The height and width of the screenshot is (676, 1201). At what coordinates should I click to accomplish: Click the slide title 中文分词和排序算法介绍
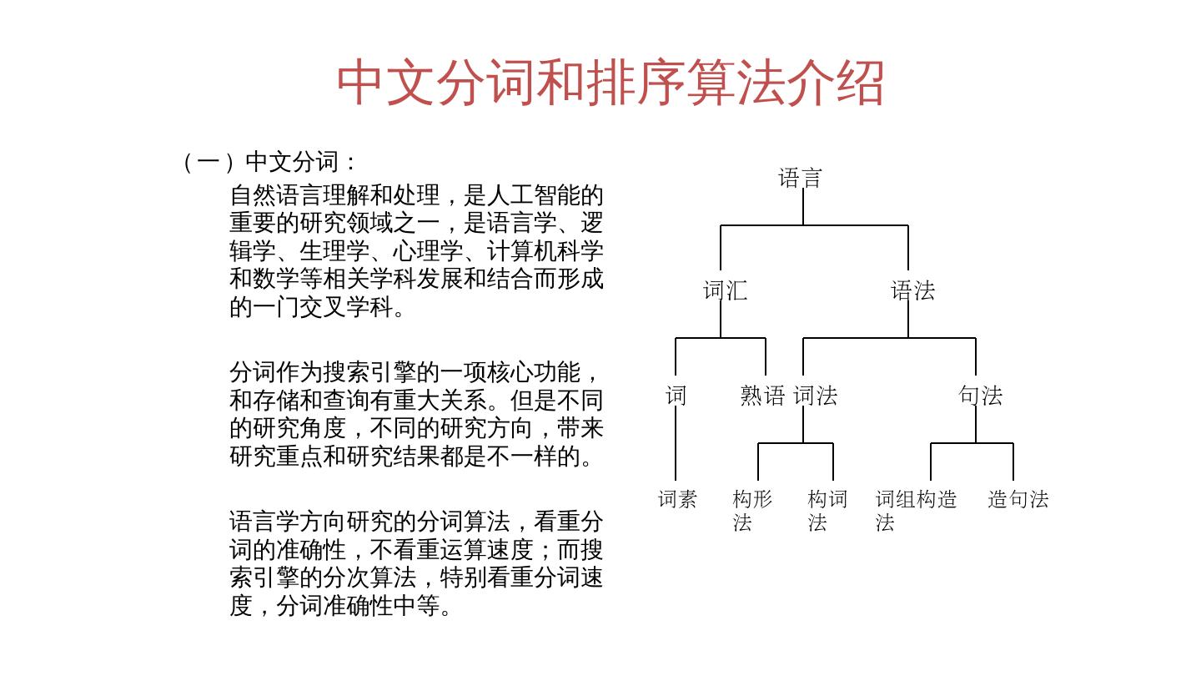(610, 83)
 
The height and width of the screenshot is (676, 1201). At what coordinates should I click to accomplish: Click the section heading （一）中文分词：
(269, 161)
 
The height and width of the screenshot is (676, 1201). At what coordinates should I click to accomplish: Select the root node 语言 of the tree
(801, 178)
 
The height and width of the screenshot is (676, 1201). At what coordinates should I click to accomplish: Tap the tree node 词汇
(725, 291)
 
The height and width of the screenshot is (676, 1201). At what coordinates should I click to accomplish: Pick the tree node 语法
(912, 291)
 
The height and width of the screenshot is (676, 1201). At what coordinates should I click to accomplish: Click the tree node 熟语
(762, 396)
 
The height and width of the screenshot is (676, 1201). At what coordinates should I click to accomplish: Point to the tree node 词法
(815, 396)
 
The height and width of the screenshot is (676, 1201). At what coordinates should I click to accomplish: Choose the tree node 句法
(980, 396)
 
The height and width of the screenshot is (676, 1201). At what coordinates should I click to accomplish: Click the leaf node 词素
(677, 499)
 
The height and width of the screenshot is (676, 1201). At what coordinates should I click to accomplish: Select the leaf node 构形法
(751, 510)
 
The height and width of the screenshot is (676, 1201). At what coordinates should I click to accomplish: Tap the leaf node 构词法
(827, 510)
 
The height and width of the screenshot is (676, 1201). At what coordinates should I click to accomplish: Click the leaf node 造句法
(1018, 499)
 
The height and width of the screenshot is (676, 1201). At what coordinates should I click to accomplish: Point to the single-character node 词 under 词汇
(676, 396)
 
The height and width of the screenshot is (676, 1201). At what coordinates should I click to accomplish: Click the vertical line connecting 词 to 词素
(676, 446)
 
